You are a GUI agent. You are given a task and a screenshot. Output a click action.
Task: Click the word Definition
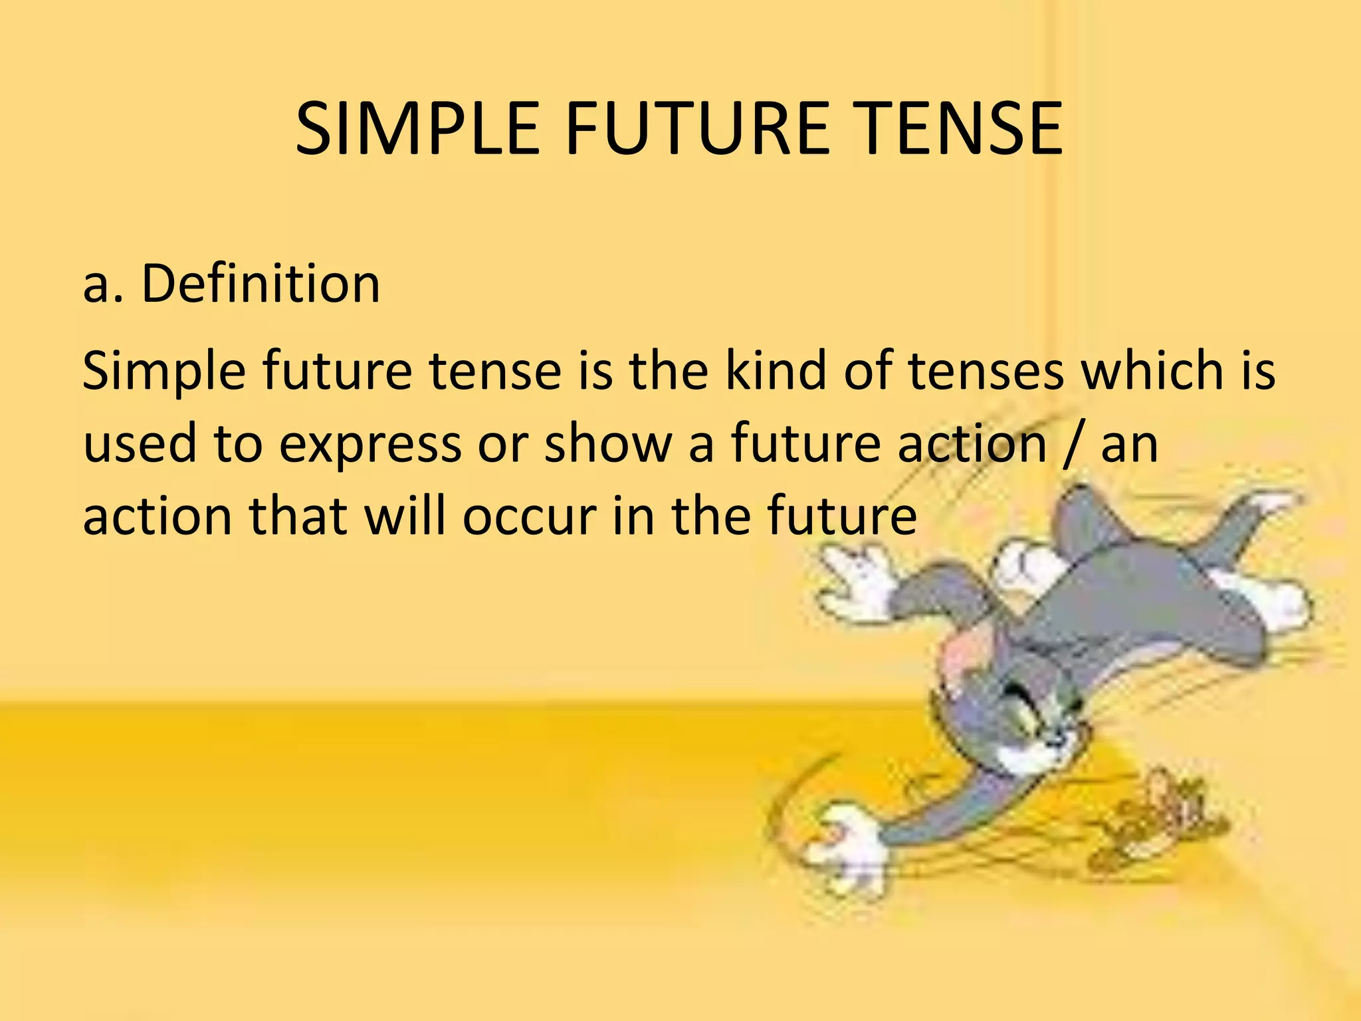tap(261, 284)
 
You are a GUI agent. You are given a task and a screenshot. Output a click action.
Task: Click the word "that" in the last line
tap(296, 516)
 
